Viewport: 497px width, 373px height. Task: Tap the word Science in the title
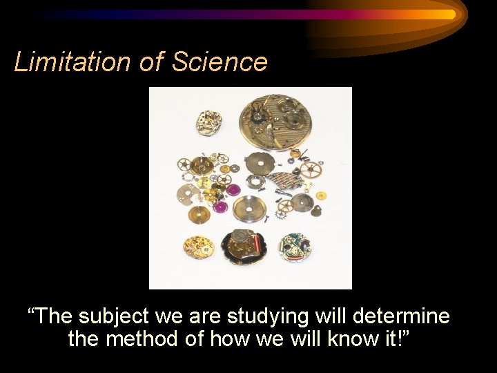pos(219,62)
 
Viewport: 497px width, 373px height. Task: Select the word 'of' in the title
pos(150,62)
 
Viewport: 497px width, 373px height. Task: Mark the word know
pos(364,339)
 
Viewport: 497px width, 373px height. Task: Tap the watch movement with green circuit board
pos(296,246)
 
